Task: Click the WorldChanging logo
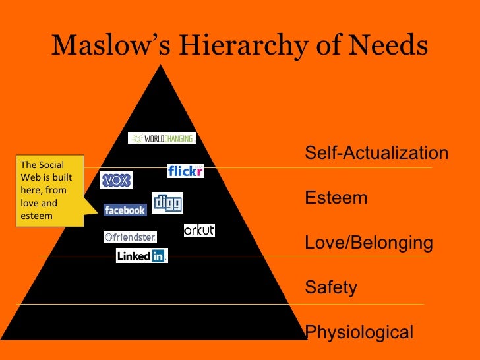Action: point(162,138)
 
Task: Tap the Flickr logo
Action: point(186,171)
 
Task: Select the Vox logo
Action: point(116,180)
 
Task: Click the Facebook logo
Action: point(125,210)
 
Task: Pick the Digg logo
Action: point(167,202)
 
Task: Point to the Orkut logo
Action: point(199,230)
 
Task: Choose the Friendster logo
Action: point(130,237)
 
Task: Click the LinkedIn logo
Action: point(142,256)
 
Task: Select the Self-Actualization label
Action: point(376,154)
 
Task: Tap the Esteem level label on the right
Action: point(336,198)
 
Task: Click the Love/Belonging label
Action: point(369,243)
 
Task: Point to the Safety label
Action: point(331,288)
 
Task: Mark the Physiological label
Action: point(359,332)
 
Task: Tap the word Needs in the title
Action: point(389,46)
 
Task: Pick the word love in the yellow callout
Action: point(30,203)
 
